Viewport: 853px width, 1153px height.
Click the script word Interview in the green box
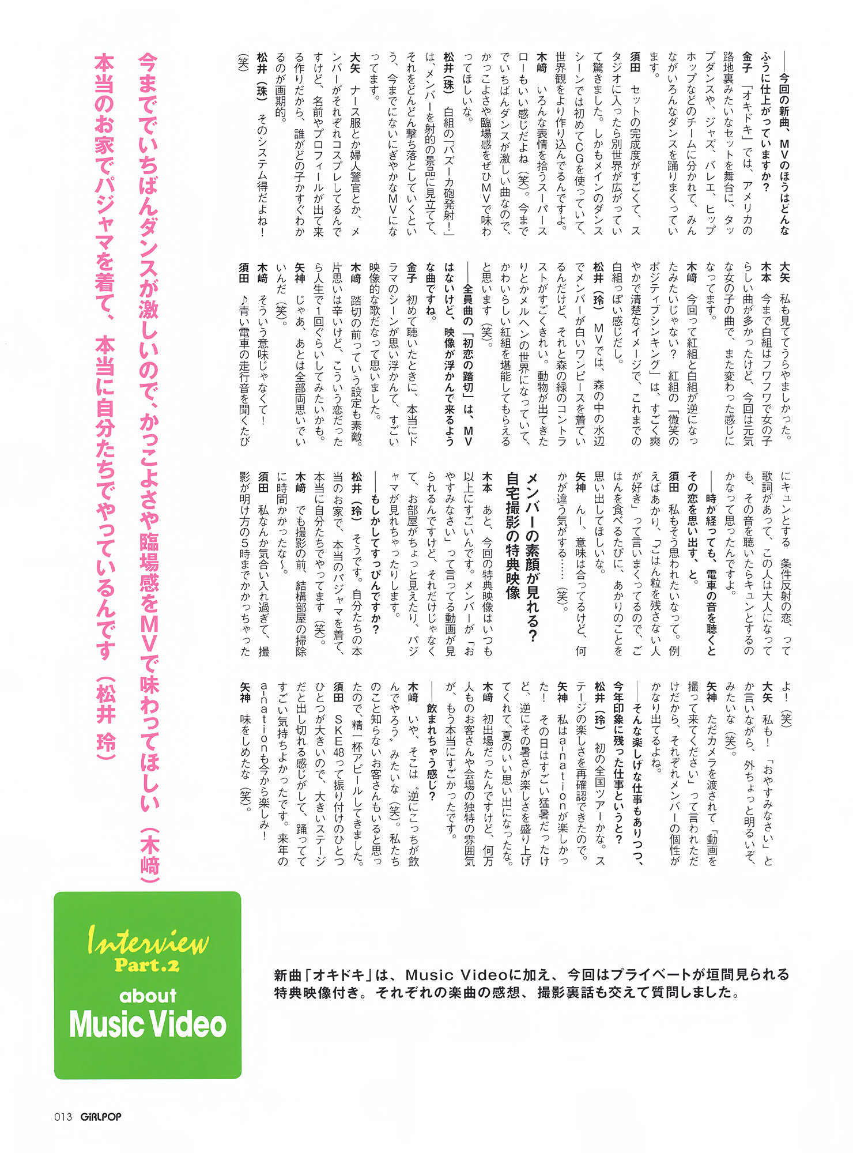coord(148,942)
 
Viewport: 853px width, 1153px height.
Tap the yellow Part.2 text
coord(147,965)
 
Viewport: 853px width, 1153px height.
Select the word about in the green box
coord(148,996)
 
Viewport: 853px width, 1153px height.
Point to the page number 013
coord(63,1117)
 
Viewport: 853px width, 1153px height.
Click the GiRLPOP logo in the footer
coord(101,1117)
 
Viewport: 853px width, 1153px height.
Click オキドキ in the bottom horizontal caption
coord(339,975)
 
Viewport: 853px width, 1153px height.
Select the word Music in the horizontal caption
coord(429,975)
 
